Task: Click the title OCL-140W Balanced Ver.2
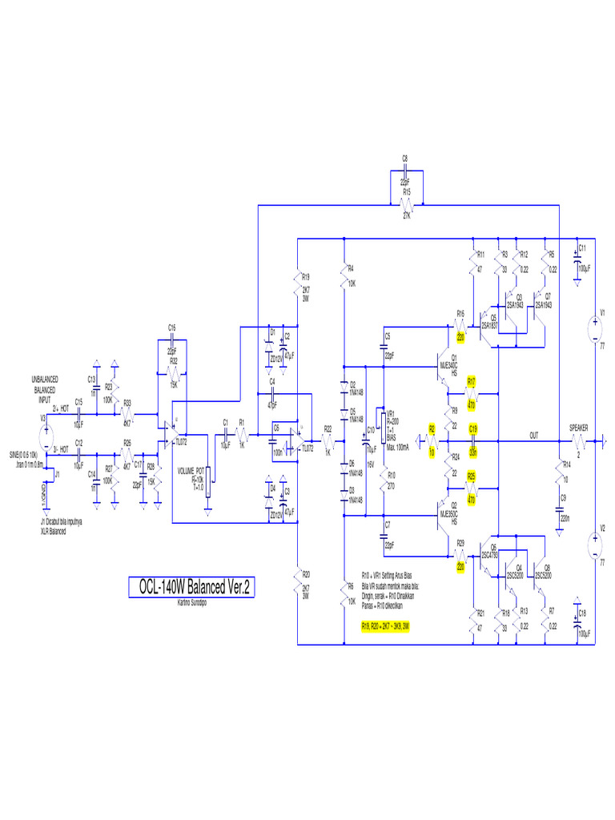tap(192, 587)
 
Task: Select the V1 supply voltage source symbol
tap(594, 328)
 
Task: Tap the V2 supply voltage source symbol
tap(594, 547)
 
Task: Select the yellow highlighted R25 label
tap(472, 476)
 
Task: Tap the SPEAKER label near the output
tap(579, 429)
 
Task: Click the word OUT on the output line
tap(534, 435)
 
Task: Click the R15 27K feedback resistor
tap(406, 205)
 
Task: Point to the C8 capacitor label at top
tap(404, 159)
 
